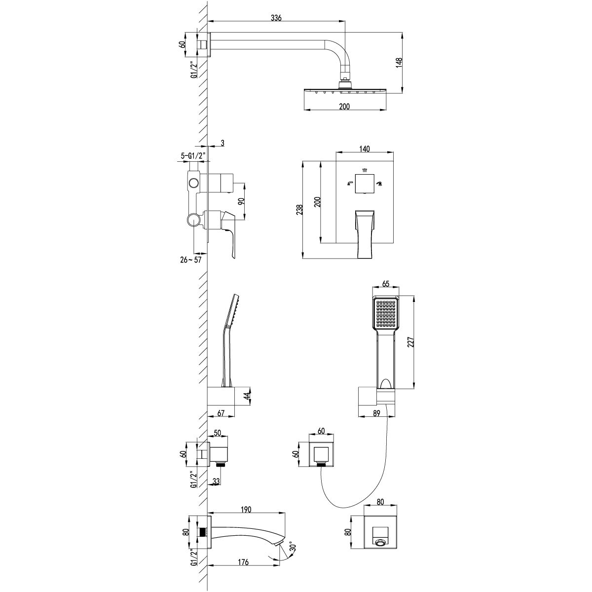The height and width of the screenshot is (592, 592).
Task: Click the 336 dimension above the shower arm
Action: (276, 18)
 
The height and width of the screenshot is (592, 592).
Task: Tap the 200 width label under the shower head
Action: (344, 107)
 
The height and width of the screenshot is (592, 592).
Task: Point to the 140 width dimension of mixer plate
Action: (365, 148)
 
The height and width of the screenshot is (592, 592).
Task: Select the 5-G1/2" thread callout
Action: (193, 156)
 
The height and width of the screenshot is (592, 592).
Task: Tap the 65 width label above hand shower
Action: (386, 284)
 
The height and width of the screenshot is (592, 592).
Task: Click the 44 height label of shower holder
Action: (247, 396)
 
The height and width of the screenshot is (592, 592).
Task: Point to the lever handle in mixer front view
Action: (365, 232)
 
